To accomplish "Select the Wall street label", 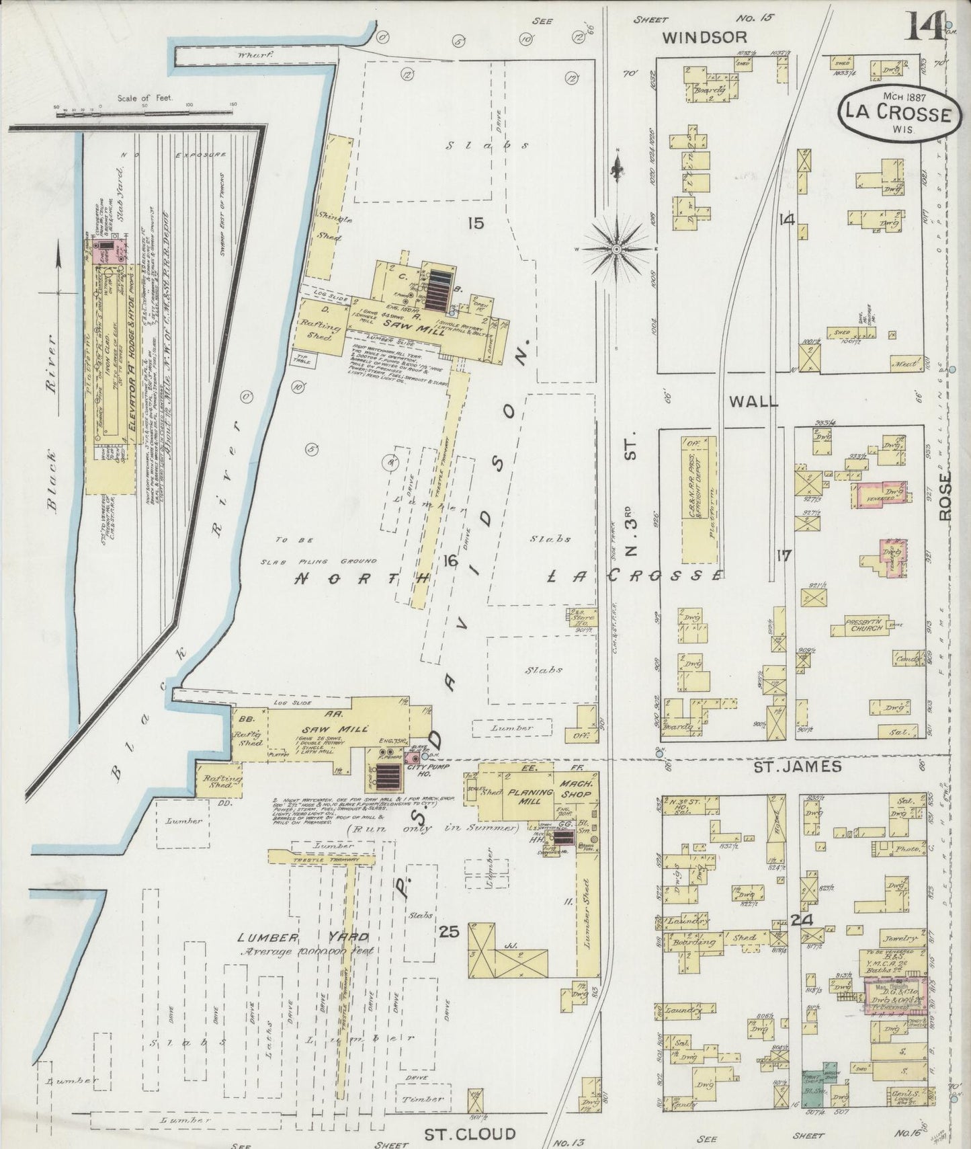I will point(753,401).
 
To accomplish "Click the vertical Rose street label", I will point(945,496).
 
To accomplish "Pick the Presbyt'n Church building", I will point(865,626).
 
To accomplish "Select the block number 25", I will point(448,932).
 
